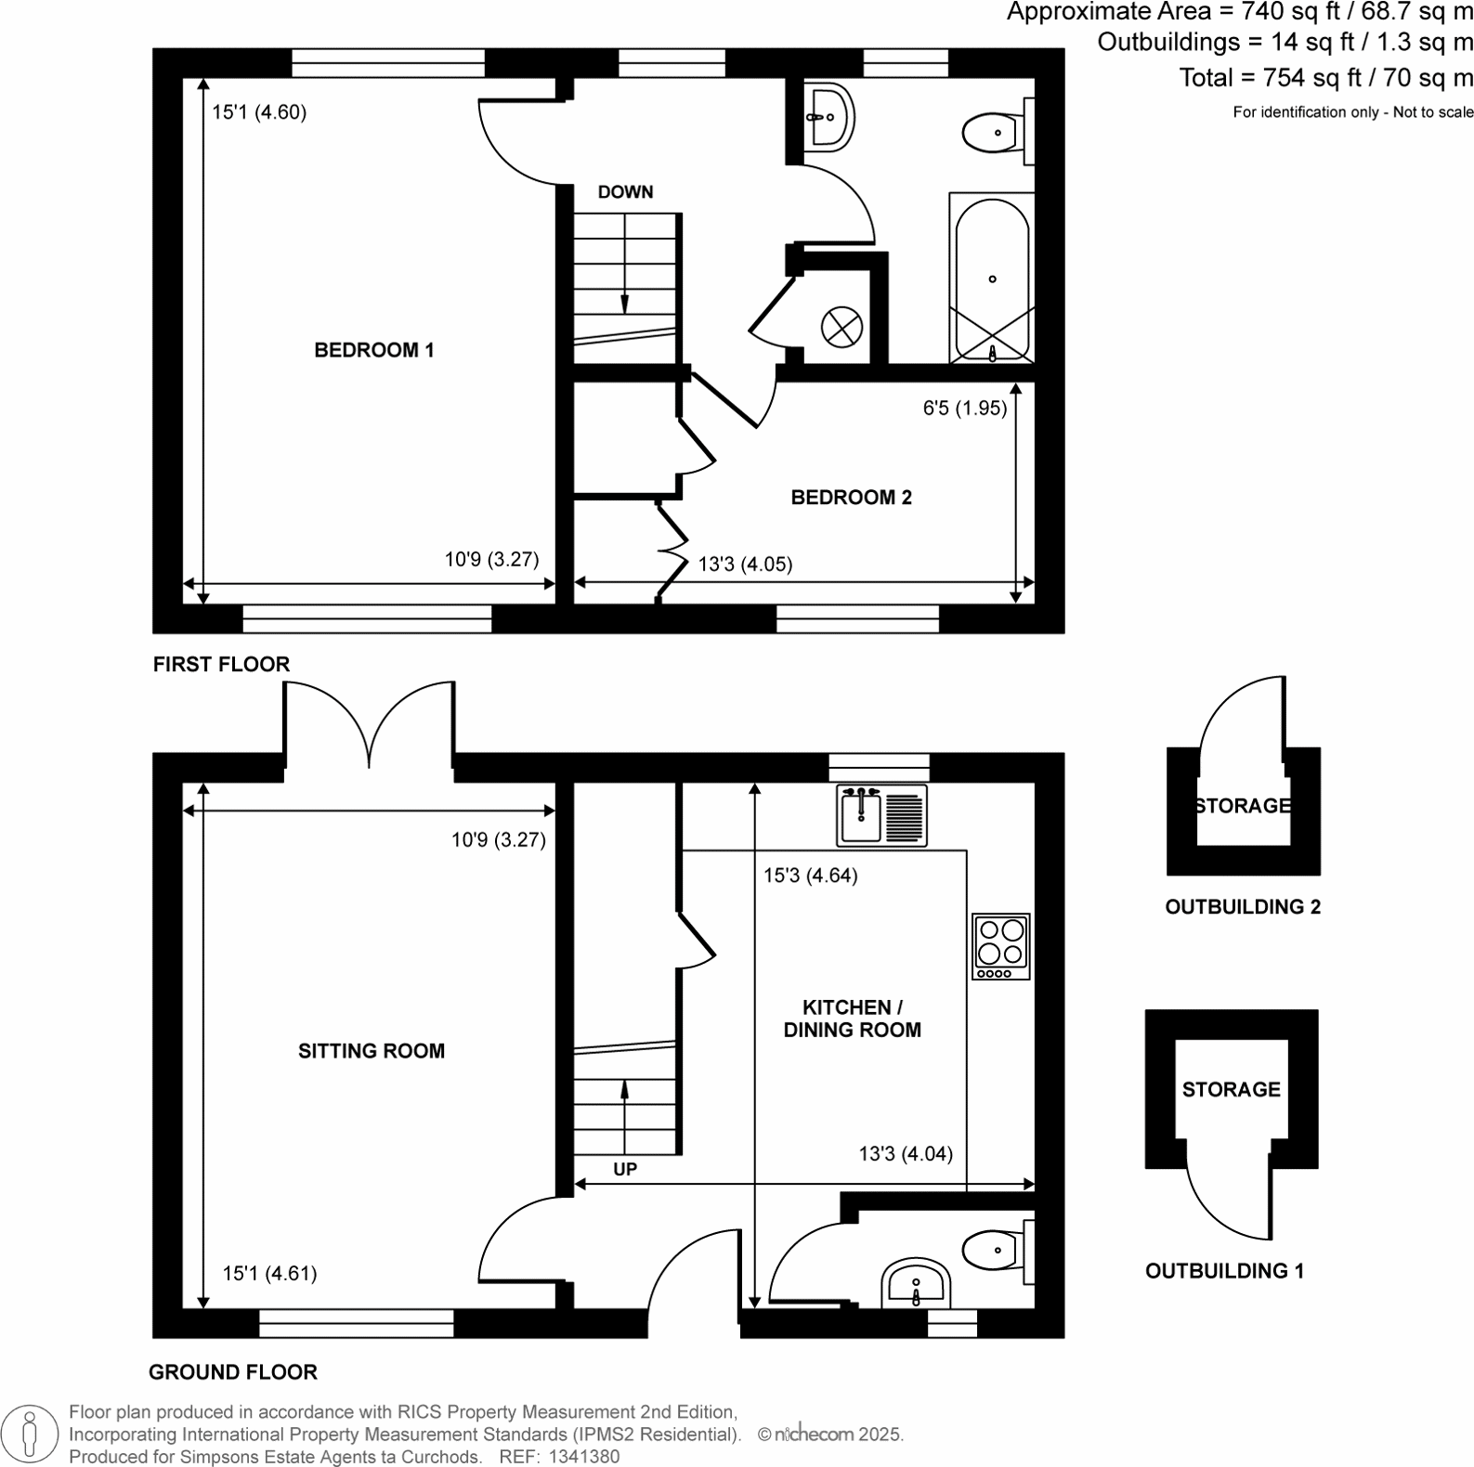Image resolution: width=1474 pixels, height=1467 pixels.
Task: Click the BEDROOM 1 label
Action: (x=373, y=350)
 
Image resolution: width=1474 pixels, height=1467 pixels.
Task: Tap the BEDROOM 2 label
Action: (x=851, y=498)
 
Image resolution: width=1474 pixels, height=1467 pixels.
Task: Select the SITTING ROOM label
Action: (x=371, y=1051)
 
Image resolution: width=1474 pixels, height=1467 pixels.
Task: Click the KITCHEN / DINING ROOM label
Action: (x=852, y=1019)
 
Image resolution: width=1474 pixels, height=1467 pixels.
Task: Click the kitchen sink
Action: (x=881, y=815)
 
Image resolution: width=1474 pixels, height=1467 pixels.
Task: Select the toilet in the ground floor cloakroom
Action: (x=995, y=1250)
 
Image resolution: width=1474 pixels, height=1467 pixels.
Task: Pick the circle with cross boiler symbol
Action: (x=841, y=327)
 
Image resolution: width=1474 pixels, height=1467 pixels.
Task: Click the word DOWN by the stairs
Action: (x=625, y=192)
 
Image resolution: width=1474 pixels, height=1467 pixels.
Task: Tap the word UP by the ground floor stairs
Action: (x=625, y=1169)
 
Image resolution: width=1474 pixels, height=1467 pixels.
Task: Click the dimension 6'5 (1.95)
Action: (x=964, y=408)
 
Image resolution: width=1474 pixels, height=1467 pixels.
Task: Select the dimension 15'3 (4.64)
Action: (x=810, y=876)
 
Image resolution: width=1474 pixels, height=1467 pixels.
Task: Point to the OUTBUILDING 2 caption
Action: (x=1243, y=907)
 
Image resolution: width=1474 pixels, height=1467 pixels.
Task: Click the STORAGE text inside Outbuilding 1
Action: (x=1231, y=1089)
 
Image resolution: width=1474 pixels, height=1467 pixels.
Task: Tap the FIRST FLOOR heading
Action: (x=221, y=664)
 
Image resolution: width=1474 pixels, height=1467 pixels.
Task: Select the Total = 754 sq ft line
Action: (x=1325, y=78)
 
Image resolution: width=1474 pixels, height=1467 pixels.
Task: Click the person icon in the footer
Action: (x=31, y=1434)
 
